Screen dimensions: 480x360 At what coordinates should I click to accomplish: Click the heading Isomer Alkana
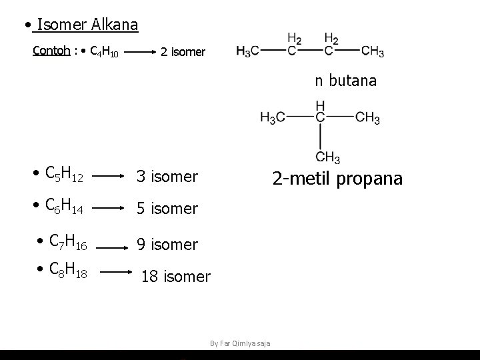tap(87, 25)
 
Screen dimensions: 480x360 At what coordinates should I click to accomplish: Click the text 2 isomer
tap(183, 52)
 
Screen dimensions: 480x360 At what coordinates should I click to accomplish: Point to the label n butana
tap(346, 81)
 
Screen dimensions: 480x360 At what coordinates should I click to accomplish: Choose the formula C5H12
tap(63, 175)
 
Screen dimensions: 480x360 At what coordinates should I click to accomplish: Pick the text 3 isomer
tap(167, 177)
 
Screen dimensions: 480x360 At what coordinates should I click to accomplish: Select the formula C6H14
tap(63, 207)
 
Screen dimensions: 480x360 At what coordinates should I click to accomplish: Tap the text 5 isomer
tap(167, 209)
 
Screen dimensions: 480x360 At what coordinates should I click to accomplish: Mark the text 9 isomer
tap(167, 245)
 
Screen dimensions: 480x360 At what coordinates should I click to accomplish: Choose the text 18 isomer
tap(175, 276)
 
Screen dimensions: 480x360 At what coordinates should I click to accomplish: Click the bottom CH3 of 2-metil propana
tap(327, 158)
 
